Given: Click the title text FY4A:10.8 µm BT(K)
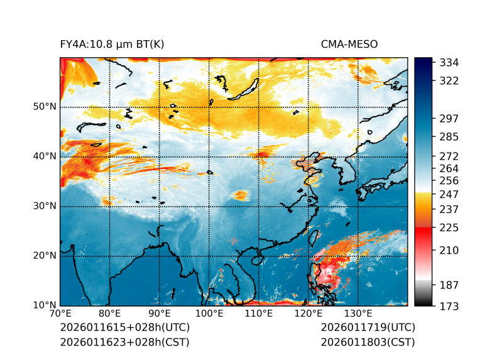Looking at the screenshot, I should [112, 45].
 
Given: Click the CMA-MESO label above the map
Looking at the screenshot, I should [349, 45].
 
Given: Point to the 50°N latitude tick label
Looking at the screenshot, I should [45, 107].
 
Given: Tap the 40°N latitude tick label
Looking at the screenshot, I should [45, 156].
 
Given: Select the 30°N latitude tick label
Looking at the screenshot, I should [45, 206].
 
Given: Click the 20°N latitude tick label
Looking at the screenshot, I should [45, 256].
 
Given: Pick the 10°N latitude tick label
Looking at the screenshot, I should [45, 305].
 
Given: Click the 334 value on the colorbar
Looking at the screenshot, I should [449, 63].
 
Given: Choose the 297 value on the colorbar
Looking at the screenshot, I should [449, 119].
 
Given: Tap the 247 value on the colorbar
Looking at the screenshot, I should [449, 195].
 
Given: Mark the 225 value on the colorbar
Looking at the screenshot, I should [449, 227].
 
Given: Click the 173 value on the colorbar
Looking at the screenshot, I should [449, 306].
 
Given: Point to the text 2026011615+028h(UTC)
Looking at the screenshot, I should [124, 328].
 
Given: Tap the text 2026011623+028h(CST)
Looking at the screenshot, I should [124, 342].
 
